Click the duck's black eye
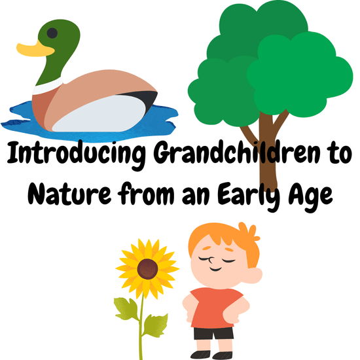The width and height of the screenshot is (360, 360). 52,33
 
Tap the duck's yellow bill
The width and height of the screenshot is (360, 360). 35,49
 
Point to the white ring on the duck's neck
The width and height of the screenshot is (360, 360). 48,86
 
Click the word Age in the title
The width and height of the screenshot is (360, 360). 311,196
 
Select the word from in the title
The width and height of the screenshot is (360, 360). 146,193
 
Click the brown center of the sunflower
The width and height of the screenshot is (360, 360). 148,269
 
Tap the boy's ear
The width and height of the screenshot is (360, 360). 255,276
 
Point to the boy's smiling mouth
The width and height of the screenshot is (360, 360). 216,269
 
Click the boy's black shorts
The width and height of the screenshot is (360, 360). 213,333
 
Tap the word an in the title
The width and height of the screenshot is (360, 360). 196,197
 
